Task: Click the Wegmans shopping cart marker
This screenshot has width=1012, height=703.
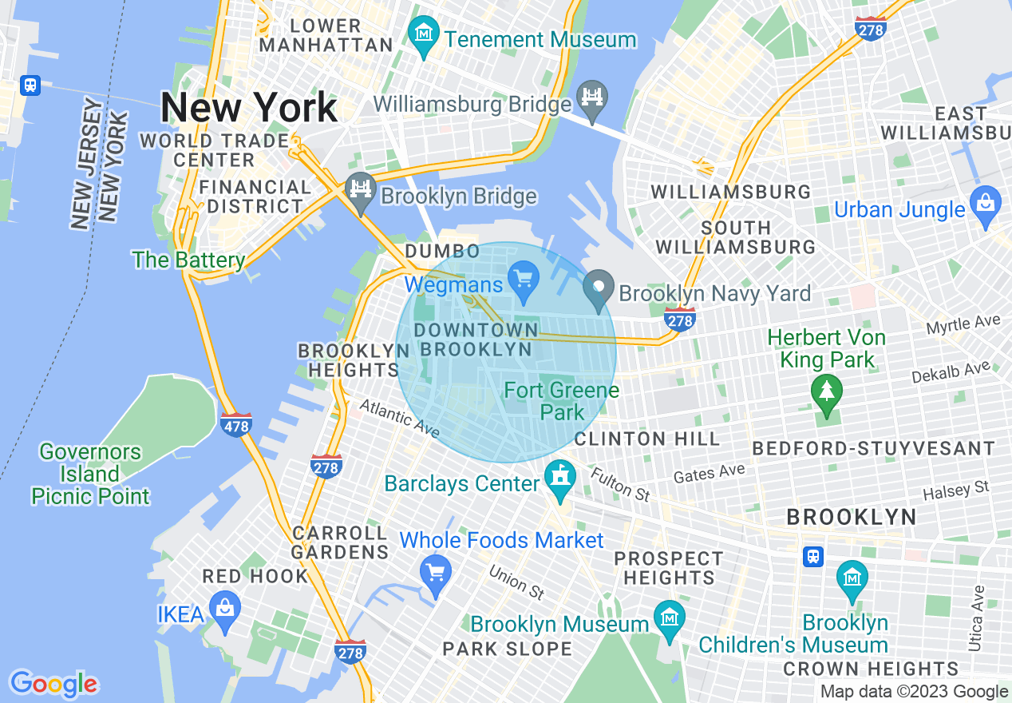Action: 524,280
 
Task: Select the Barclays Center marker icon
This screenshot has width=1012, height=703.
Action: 559,479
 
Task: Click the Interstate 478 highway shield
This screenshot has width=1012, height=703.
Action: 236,425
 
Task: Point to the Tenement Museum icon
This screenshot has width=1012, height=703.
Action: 423,34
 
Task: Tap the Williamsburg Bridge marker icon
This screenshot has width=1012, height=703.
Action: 592,99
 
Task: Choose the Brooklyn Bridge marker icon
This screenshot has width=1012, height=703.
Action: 361,192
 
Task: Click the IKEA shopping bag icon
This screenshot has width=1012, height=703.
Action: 226,610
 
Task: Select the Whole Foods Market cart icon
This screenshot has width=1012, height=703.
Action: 436,572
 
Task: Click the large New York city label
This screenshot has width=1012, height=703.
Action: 249,107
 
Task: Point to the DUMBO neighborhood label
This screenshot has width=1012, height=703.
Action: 442,252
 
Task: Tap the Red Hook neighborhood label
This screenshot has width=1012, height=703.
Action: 255,576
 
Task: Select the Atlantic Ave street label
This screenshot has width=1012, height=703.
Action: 398,419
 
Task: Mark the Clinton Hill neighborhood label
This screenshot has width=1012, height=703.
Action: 646,439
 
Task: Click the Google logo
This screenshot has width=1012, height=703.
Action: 53,684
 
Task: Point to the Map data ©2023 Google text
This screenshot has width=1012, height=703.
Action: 914,692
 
